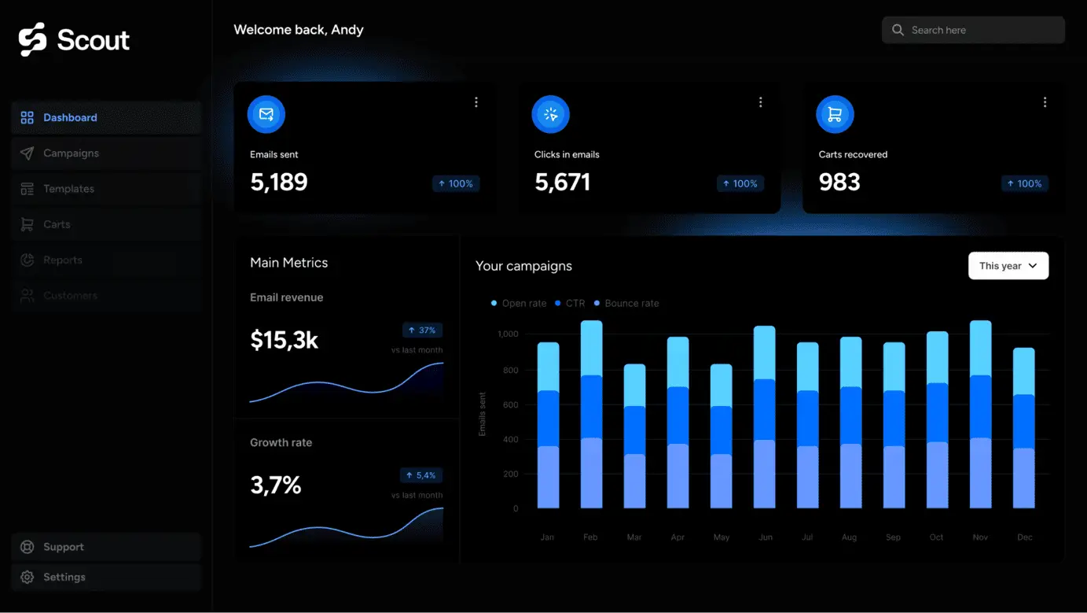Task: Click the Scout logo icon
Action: point(33,39)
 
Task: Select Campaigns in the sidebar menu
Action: point(71,153)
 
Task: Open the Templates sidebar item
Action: point(68,189)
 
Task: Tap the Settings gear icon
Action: point(28,577)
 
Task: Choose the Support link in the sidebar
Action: point(63,547)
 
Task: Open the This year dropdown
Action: point(1008,266)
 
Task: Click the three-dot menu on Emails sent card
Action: point(476,102)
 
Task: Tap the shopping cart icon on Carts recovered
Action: point(835,115)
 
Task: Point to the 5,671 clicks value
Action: point(562,183)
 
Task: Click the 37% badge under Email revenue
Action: point(422,331)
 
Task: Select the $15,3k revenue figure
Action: point(284,340)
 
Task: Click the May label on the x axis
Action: point(721,537)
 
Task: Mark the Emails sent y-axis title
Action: point(483,414)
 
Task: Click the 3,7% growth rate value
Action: point(275,486)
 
